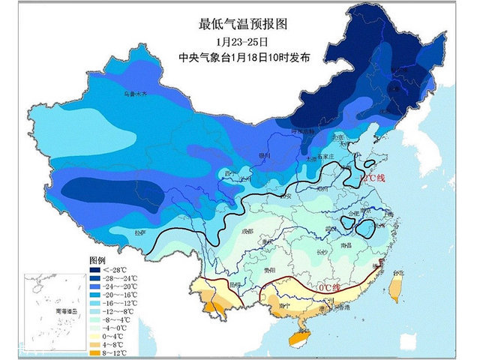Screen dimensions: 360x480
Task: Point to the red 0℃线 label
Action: [327, 287]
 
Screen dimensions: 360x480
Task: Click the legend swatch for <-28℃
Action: [96, 268]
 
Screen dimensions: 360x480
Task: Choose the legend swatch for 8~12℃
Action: [96, 351]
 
